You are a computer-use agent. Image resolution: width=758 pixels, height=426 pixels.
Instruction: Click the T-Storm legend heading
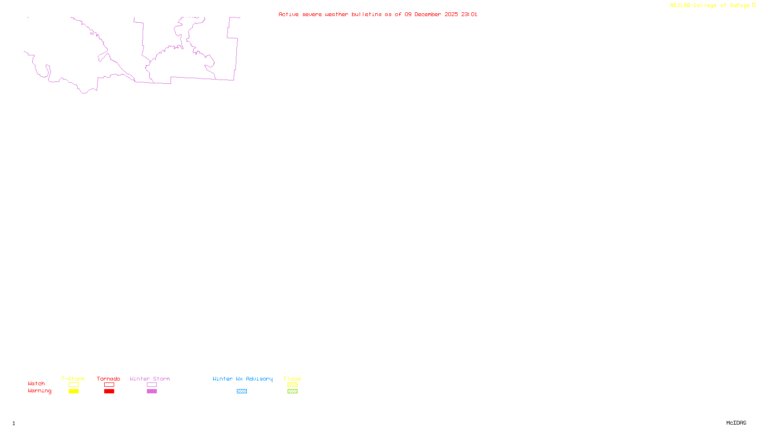pyautogui.click(x=73, y=379)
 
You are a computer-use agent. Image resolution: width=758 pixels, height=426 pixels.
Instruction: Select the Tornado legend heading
pyautogui.click(x=108, y=379)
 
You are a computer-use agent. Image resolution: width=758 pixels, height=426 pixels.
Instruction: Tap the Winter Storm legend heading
pyautogui.click(x=150, y=379)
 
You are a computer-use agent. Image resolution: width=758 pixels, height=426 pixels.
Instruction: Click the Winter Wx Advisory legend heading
pyautogui.click(x=243, y=379)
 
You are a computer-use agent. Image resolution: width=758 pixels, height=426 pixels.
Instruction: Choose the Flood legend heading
pyautogui.click(x=292, y=379)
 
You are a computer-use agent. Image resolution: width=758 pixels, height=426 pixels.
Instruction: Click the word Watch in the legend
pyautogui.click(x=36, y=383)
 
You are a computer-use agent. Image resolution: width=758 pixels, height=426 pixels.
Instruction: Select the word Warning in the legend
pyautogui.click(x=40, y=391)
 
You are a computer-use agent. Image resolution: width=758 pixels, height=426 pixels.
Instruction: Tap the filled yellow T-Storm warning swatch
pyautogui.click(x=73, y=391)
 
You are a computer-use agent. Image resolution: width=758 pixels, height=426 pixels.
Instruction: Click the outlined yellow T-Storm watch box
pyautogui.click(x=73, y=385)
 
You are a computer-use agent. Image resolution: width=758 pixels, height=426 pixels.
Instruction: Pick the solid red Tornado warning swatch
pyautogui.click(x=109, y=391)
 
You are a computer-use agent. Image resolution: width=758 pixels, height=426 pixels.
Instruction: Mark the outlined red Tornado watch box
pyautogui.click(x=109, y=385)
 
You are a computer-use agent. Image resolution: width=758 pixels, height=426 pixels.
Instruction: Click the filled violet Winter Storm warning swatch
pyautogui.click(x=152, y=391)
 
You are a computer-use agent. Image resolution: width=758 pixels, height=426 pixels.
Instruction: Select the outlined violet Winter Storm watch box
pyautogui.click(x=152, y=385)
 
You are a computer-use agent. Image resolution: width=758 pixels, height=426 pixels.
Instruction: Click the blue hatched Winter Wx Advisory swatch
pyautogui.click(x=242, y=391)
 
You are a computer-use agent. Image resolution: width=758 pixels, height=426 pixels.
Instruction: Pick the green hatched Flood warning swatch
pyautogui.click(x=292, y=391)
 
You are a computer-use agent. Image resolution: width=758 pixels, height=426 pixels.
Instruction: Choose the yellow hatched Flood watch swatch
pyautogui.click(x=292, y=385)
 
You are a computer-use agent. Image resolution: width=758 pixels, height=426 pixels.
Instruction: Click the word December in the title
pyautogui.click(x=428, y=14)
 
